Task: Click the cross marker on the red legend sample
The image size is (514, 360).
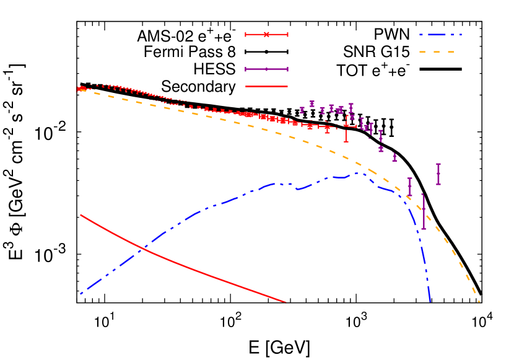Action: (x=266, y=34)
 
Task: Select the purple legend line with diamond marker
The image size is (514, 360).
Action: (x=266, y=69)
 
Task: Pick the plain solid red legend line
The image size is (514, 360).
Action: (x=266, y=86)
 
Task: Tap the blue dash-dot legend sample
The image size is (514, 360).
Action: (x=440, y=35)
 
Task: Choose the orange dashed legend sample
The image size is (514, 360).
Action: (x=437, y=52)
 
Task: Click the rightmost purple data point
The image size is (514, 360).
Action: (x=438, y=174)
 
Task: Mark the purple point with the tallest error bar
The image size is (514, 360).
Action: (x=424, y=212)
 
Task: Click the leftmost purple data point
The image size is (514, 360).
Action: (x=302, y=110)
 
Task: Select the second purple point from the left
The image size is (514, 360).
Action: (x=312, y=103)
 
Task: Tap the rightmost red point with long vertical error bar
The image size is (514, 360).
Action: (x=346, y=126)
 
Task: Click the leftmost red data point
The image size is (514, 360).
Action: (x=79, y=89)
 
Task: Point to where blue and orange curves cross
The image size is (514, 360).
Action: (x=407, y=198)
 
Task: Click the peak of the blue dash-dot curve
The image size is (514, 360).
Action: (x=356, y=173)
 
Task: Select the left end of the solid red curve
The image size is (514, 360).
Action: (x=81, y=215)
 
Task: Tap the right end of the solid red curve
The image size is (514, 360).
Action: (x=285, y=302)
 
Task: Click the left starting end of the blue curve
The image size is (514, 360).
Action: (x=81, y=294)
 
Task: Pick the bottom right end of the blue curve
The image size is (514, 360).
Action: (x=430, y=302)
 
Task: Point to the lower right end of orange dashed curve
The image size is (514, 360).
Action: (x=479, y=302)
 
